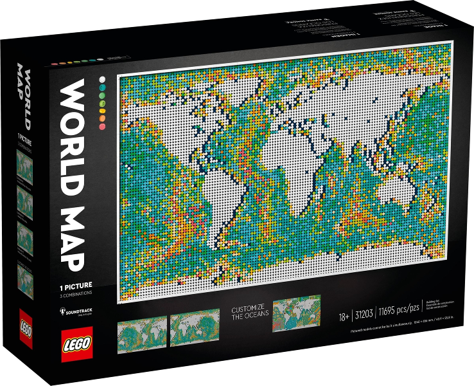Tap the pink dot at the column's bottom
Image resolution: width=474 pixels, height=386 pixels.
click(x=101, y=126)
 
